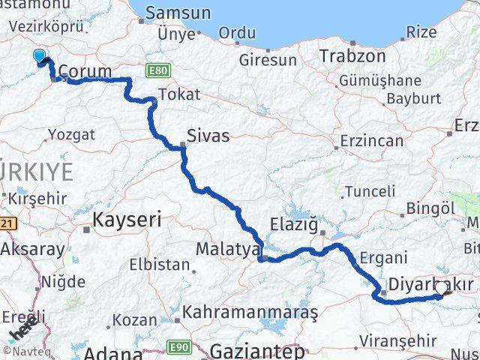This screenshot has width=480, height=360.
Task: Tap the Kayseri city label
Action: pyautogui.click(x=127, y=220)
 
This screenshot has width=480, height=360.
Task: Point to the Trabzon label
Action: pyautogui.click(x=352, y=56)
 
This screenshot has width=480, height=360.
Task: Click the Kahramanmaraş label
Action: pyautogui.click(x=255, y=310)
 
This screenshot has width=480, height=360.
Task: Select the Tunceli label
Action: pyautogui.click(x=369, y=191)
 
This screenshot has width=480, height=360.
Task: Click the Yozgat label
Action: pyautogui.click(x=71, y=135)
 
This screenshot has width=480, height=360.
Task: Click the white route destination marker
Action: pyautogui.click(x=440, y=288)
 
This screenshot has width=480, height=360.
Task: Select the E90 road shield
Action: pyautogui.click(x=178, y=346)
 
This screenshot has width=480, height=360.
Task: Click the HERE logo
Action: pyautogui.click(x=22, y=328)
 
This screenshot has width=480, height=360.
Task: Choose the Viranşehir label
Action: pyautogui.click(x=397, y=340)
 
